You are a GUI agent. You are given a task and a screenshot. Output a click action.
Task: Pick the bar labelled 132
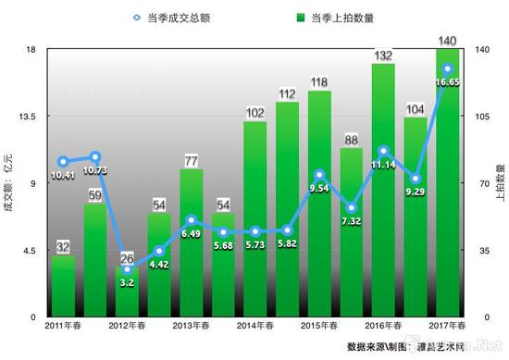[383, 194]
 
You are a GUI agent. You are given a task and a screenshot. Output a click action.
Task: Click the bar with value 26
[127, 294]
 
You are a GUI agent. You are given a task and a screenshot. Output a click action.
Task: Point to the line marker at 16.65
[448, 68]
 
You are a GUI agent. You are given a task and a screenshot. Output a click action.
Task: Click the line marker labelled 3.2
[127, 268]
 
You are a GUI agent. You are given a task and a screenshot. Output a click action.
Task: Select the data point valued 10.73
[94, 157]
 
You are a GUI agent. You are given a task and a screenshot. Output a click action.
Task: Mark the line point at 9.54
[319, 175]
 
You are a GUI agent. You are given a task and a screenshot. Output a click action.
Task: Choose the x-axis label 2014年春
[254, 326]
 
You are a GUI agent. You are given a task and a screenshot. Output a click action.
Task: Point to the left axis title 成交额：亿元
[10, 182]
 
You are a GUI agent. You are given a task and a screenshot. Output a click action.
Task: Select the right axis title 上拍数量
[501, 182]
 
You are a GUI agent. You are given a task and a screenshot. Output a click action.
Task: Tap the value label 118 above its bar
[319, 82]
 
